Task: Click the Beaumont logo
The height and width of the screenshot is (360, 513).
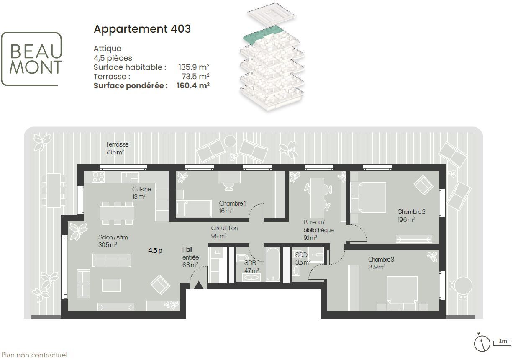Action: click(31, 59)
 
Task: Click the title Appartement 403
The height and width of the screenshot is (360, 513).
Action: click(142, 29)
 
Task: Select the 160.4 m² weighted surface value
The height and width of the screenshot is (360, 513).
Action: click(193, 85)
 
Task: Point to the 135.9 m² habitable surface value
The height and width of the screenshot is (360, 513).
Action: click(194, 67)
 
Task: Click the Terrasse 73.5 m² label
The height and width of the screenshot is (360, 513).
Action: click(117, 148)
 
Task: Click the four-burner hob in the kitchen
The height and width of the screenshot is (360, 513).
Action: click(98, 177)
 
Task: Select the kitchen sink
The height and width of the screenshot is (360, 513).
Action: click(130, 177)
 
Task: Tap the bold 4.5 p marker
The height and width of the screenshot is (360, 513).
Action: click(155, 250)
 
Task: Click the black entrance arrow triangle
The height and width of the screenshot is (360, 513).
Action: click(199, 285)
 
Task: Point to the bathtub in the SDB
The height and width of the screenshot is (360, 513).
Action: click(273, 264)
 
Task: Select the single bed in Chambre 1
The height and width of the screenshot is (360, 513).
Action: click(194, 208)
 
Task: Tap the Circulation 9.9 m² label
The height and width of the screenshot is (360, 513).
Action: click(224, 232)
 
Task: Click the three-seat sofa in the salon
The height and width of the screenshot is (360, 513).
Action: click(112, 260)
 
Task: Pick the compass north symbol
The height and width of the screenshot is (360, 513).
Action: click(482, 344)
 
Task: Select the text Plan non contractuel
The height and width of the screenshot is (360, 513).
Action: click(34, 355)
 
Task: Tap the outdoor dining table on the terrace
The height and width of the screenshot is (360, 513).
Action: click(54, 190)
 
